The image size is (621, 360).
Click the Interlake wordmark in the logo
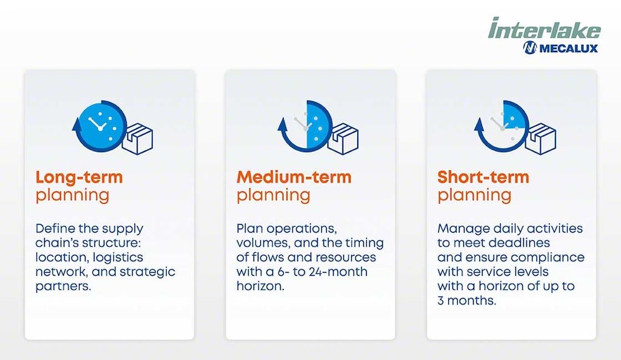click(544, 29)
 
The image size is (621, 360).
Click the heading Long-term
click(79, 177)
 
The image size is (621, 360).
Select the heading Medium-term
click(294, 177)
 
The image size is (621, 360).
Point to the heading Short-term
click(483, 177)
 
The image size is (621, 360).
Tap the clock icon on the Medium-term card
click(305, 125)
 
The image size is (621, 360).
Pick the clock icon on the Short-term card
click(502, 125)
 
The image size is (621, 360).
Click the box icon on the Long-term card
click(137, 139)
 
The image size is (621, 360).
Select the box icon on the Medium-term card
click(343, 139)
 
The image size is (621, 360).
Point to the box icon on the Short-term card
click(540, 139)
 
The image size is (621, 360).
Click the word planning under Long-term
click(72, 195)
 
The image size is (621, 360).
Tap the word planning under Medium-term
click(273, 195)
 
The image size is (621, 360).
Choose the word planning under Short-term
click(474, 195)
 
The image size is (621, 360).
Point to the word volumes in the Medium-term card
click(260, 243)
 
